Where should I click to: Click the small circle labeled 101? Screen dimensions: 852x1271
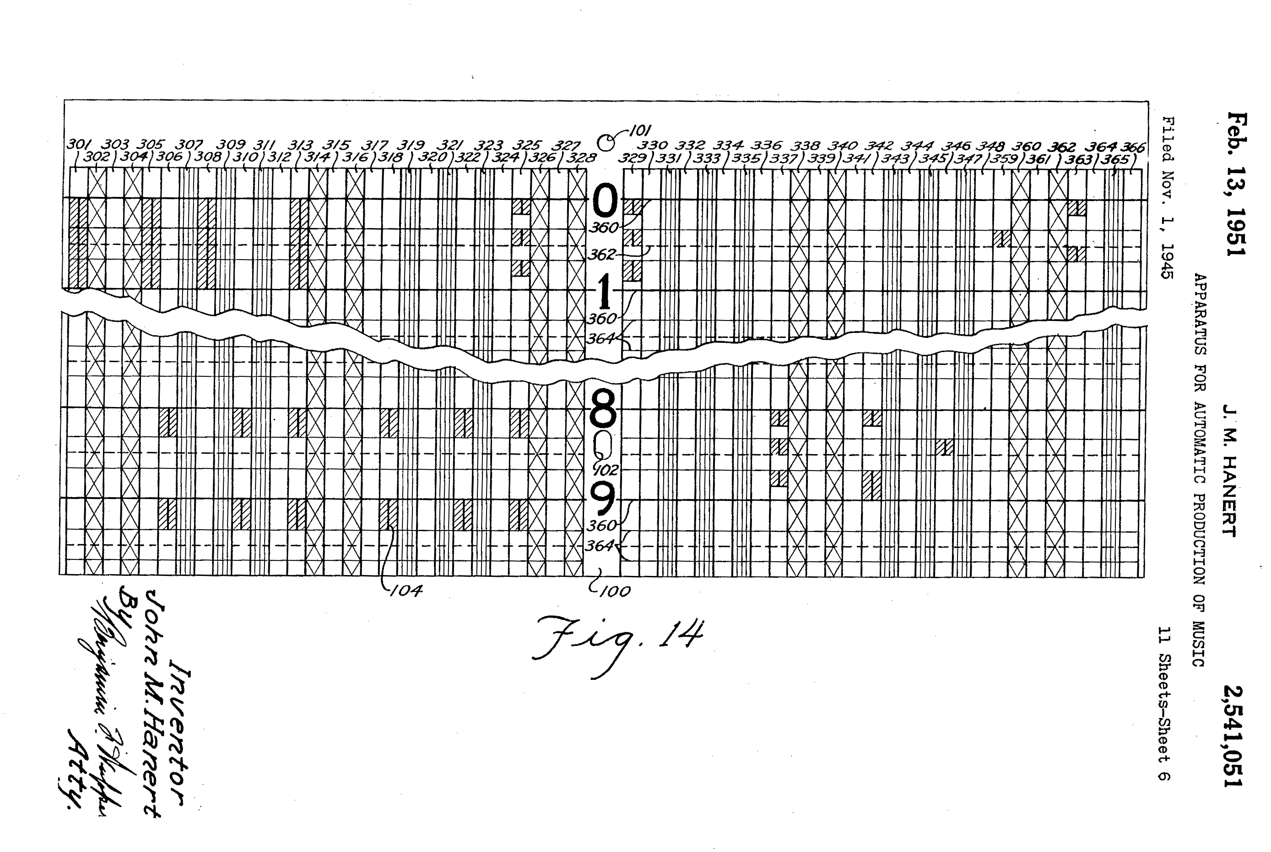coord(605,143)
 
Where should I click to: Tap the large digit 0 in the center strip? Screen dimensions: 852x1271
coord(605,201)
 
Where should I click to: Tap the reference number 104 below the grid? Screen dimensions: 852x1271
coord(406,591)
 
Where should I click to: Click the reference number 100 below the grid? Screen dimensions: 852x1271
coord(616,591)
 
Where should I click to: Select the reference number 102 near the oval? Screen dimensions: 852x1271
coord(607,469)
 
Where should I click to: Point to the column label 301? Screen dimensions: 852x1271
coord(79,145)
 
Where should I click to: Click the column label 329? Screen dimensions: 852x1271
coord(633,158)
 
